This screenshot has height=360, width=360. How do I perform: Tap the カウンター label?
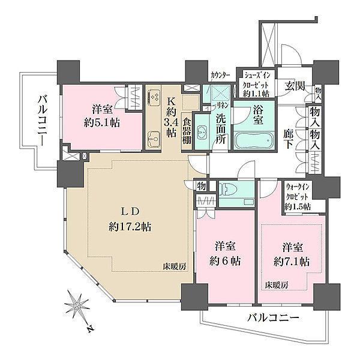[219, 76]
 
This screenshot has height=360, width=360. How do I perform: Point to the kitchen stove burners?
[154, 97]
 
